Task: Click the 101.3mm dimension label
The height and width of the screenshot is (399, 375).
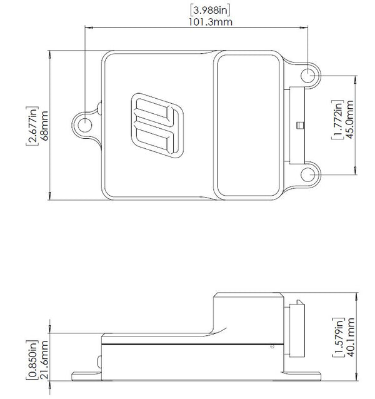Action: click(x=210, y=22)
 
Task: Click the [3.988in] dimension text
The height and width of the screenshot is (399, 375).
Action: click(x=210, y=11)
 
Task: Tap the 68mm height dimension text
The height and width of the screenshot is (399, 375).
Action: click(x=44, y=126)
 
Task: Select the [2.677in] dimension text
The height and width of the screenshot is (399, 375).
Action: click(x=32, y=126)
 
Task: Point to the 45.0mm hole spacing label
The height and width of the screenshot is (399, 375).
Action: click(x=350, y=119)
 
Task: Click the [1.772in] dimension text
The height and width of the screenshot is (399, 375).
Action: click(x=337, y=119)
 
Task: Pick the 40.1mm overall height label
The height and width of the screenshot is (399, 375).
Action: click(x=350, y=337)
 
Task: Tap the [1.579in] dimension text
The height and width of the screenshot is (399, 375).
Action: click(x=339, y=338)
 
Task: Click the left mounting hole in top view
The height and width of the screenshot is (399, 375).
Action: click(x=84, y=125)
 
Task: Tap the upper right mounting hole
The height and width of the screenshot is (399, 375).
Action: click(x=307, y=76)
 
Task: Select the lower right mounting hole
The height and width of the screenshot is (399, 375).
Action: click(x=307, y=175)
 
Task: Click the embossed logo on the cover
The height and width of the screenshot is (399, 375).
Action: click(x=157, y=125)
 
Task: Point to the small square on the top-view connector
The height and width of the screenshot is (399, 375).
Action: click(x=300, y=126)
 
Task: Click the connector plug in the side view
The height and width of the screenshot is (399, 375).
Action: click(x=297, y=329)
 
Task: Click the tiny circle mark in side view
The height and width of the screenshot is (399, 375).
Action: click(x=272, y=346)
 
